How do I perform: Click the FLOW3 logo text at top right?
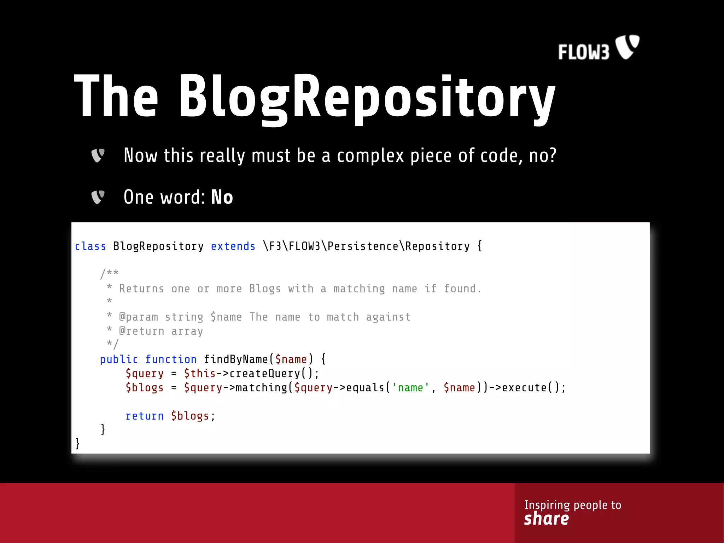[584, 52]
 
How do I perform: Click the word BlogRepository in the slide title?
[367, 97]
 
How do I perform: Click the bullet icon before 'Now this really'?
[98, 156]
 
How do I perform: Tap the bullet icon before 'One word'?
[98, 197]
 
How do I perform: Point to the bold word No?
[222, 197]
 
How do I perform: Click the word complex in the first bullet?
[370, 156]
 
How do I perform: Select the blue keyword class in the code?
[90, 246]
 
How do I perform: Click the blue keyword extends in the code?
[233, 246]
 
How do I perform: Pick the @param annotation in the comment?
[139, 317]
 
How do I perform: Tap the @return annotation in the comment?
[142, 331]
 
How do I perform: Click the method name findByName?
[236, 360]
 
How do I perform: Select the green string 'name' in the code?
[410, 388]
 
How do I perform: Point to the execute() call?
[531, 388]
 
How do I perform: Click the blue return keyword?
[145, 416]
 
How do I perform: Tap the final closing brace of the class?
[77, 443]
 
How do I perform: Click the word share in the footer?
[546, 519]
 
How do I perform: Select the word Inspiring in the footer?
[547, 505]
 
